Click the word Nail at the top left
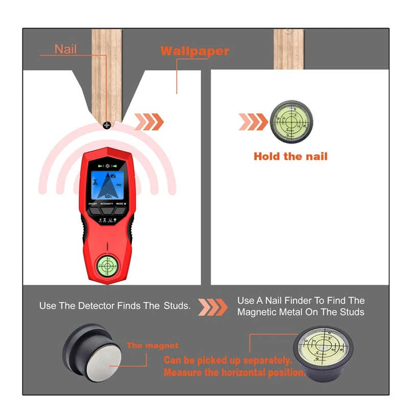[x=65, y=49]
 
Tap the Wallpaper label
[x=194, y=51]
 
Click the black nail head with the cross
[x=107, y=124]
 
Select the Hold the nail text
[x=290, y=156]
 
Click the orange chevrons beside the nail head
[x=149, y=122]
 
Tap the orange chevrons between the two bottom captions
[x=213, y=307]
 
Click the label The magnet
[x=152, y=346]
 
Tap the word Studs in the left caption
[x=177, y=306]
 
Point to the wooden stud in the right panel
[x=289, y=49]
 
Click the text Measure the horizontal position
[x=234, y=373]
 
